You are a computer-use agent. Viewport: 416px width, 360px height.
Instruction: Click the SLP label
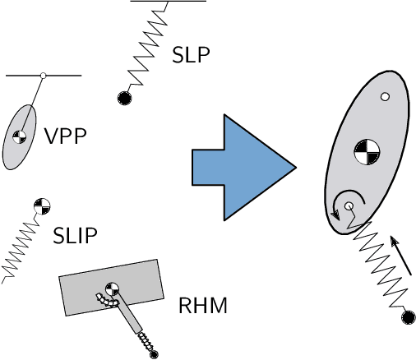coord(191,55)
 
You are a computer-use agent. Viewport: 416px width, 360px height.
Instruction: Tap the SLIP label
coord(75,236)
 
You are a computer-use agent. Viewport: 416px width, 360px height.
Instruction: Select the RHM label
coord(202,307)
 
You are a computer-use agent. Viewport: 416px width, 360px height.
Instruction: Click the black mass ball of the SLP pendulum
coord(124,98)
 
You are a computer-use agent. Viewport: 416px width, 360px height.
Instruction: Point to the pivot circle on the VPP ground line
coord(43,76)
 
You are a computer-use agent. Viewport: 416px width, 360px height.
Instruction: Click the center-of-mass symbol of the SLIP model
coord(40,205)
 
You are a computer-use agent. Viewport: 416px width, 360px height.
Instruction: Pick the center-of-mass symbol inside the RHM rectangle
coord(110,288)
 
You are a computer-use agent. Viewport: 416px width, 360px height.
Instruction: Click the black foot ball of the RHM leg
coord(153,353)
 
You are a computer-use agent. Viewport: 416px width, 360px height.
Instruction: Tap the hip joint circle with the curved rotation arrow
coord(349,205)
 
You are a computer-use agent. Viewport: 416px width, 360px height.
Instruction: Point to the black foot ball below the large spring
coord(405,317)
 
